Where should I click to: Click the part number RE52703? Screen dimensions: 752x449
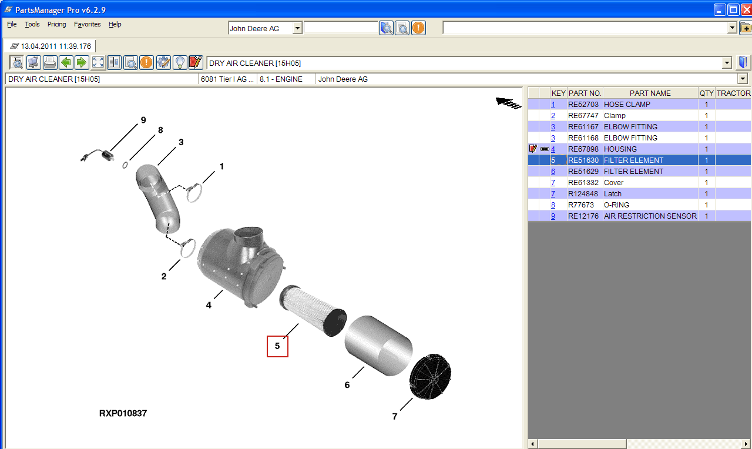pos(583,105)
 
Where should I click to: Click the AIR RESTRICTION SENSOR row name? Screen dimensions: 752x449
pos(650,216)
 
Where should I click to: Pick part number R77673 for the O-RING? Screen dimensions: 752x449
pos(581,205)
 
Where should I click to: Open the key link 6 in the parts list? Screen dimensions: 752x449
pos(553,171)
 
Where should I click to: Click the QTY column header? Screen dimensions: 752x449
pos(706,93)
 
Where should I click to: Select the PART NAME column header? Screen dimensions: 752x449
pos(650,93)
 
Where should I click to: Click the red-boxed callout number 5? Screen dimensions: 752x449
pos(277,346)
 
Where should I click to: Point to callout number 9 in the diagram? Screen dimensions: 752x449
pos(143,120)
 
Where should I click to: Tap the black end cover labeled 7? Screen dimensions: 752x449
pos(430,377)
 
